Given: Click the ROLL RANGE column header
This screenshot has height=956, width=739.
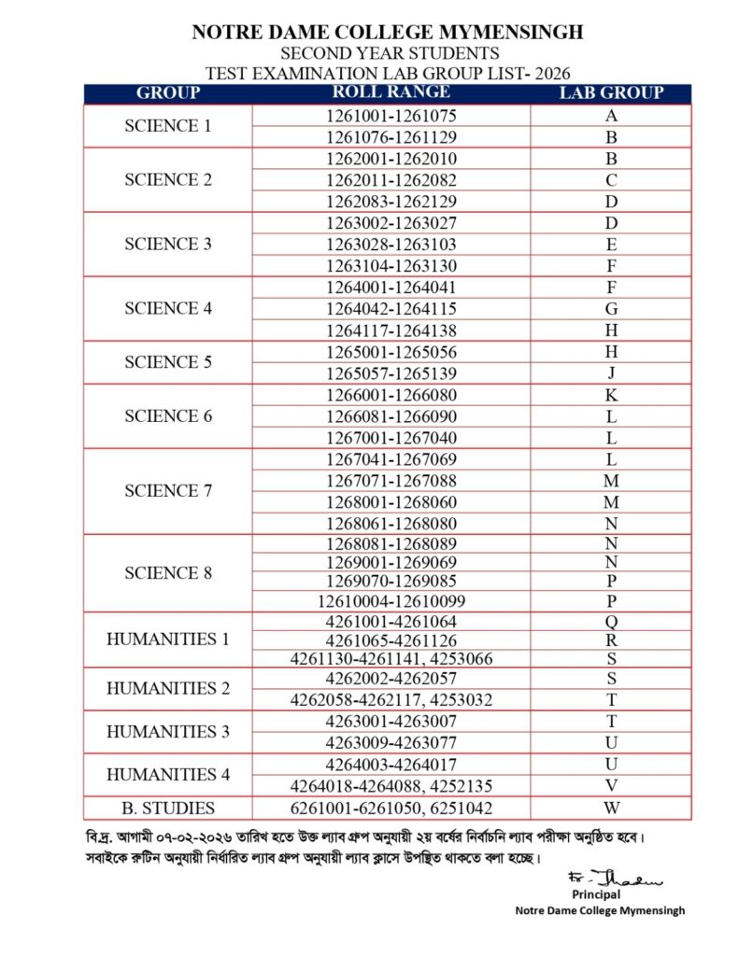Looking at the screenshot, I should click(x=391, y=92).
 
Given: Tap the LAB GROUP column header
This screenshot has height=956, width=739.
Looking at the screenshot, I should click(x=611, y=92).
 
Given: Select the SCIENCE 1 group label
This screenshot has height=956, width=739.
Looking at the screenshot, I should click(x=168, y=126).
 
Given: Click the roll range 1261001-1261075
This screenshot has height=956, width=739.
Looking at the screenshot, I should click(x=391, y=117).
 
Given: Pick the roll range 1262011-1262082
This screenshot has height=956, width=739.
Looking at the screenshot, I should click(x=391, y=179).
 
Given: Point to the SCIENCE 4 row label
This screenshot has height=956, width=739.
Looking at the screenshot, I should click(x=168, y=308).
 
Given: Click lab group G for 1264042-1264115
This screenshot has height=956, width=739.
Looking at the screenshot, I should click(x=611, y=308).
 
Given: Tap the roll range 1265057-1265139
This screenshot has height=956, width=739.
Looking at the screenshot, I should click(x=391, y=373).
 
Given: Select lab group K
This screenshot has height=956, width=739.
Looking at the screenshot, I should click(x=611, y=395).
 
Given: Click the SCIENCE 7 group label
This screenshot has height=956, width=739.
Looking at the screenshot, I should click(x=168, y=491).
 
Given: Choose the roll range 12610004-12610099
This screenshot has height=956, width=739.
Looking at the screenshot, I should click(x=391, y=600).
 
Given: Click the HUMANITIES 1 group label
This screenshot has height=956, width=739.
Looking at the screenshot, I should click(x=168, y=640).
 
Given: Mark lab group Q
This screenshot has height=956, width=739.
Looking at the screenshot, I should click(x=611, y=621).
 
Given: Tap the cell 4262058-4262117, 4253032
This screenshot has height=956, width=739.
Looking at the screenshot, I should click(x=391, y=699).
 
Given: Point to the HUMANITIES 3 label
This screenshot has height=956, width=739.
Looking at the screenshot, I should click(x=168, y=731).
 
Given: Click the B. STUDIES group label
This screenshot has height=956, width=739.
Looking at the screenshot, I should click(x=168, y=808).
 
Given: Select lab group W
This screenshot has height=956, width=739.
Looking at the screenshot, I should click(x=611, y=808).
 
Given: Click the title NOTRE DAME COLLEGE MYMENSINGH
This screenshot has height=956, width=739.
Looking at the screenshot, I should click(x=387, y=33).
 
